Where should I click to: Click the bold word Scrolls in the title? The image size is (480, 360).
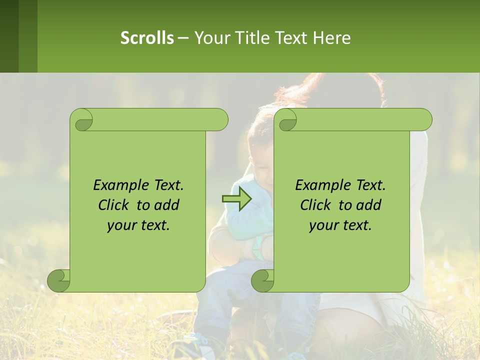coord(147,37)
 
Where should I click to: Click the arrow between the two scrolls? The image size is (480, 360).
coord(236,199)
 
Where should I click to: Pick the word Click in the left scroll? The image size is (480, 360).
coord(115,205)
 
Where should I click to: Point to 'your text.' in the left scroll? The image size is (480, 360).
coord(138,225)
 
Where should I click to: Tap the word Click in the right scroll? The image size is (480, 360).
coord(317,205)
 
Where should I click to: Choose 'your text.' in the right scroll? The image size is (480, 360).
coord(340,225)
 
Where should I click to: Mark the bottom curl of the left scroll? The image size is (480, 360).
coord(59,280)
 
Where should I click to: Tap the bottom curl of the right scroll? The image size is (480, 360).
coord(263,280)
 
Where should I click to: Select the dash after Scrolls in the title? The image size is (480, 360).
coord(183,37)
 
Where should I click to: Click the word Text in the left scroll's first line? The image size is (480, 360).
coord(167,185)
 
